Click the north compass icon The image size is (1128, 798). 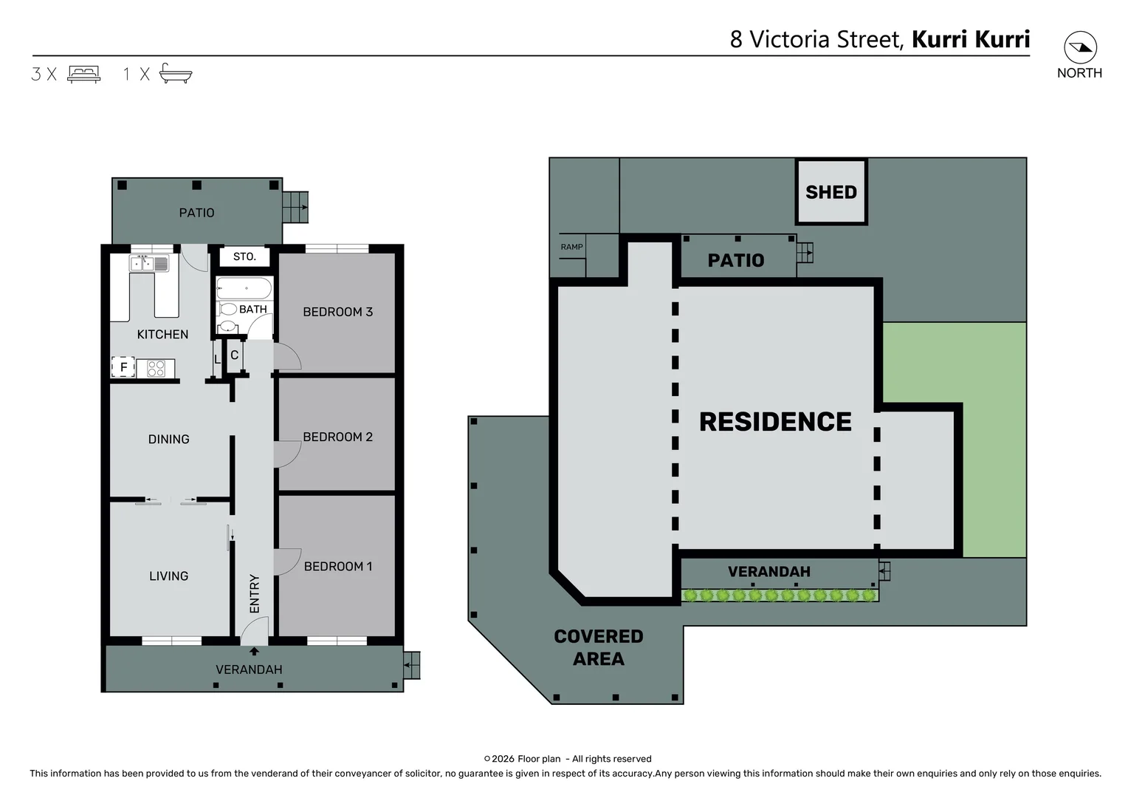(1079, 48)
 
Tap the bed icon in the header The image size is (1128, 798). (83, 74)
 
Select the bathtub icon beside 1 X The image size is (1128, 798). (176, 73)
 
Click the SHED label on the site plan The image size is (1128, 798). (830, 192)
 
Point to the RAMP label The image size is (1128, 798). (571, 247)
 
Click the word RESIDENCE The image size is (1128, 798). (774, 422)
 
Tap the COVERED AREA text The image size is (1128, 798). (598, 647)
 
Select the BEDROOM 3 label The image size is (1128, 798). (337, 312)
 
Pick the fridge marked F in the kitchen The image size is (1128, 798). (123, 367)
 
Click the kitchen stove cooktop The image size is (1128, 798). (156, 368)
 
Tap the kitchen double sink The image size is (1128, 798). (150, 263)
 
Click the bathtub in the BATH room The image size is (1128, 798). (244, 288)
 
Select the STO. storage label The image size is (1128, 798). (244, 257)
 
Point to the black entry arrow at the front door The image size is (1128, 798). (254, 651)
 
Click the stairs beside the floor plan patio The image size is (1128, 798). (295, 207)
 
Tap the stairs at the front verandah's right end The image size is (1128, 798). (411, 665)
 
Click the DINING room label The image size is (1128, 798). (168, 439)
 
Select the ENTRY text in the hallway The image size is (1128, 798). (255, 593)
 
